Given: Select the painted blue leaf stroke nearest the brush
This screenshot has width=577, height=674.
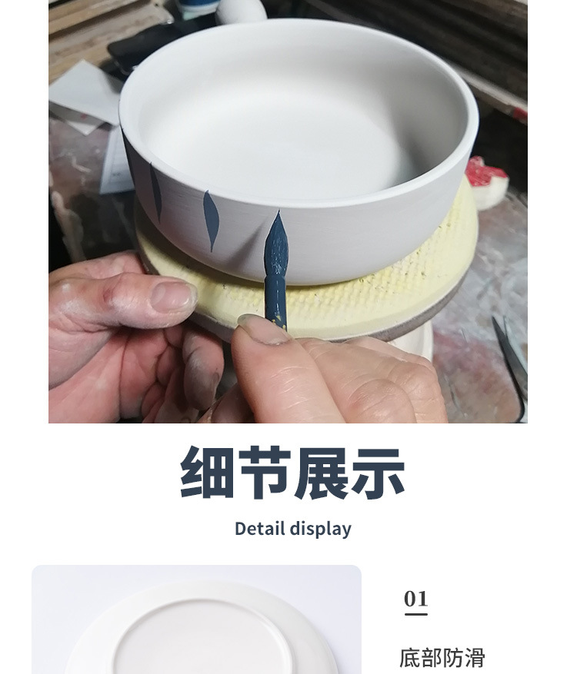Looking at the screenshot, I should pyautogui.click(x=210, y=220).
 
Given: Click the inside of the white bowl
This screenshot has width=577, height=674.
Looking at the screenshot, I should pyautogui.click(x=300, y=115).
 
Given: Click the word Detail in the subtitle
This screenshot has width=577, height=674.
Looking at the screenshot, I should pyautogui.click(x=260, y=529).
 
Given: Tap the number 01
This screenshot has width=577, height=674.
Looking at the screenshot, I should pyautogui.click(x=415, y=599).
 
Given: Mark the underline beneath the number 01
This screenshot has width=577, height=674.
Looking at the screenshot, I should pyautogui.click(x=415, y=614).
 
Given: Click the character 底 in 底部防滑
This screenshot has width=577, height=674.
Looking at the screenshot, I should pyautogui.click(x=410, y=658).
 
